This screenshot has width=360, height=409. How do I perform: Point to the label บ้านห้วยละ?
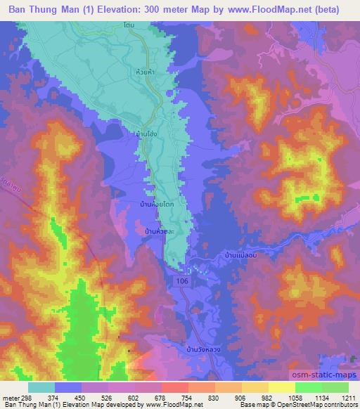point(160,230)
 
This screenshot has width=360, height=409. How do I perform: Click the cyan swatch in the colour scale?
point(41,387)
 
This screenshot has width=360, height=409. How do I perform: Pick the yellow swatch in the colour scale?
point(281,387)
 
